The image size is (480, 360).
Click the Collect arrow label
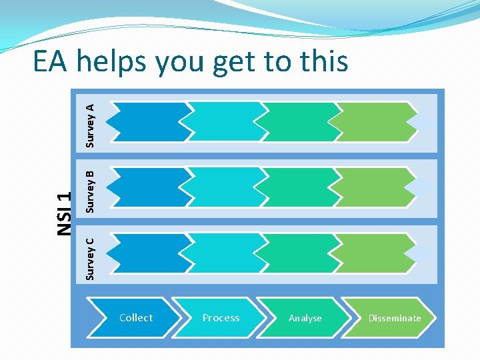(x=136, y=318)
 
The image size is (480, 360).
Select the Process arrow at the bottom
(x=221, y=318)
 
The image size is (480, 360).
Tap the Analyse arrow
(x=305, y=318)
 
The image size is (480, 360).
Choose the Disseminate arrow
(x=394, y=318)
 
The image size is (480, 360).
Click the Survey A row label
(x=91, y=123)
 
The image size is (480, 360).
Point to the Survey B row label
(x=91, y=189)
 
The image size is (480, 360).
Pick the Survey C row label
(x=91, y=255)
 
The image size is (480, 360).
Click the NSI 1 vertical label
(x=65, y=213)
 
